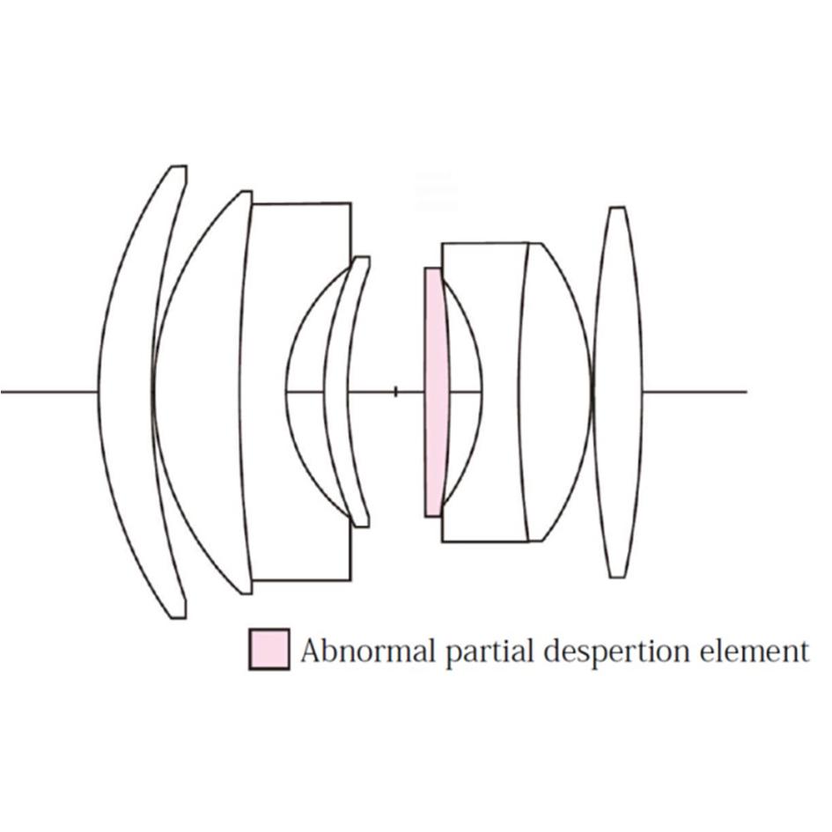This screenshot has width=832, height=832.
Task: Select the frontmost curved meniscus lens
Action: (125, 392)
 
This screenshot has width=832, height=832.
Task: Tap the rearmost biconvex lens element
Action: (617, 392)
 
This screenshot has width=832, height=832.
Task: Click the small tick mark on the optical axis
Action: (395, 392)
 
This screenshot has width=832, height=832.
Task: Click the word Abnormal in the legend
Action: (368, 651)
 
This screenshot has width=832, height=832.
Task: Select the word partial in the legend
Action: (488, 652)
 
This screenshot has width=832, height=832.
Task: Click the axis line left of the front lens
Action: (48, 392)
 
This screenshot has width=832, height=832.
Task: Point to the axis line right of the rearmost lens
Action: (696, 392)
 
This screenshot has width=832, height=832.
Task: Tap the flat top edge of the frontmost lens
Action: (179, 166)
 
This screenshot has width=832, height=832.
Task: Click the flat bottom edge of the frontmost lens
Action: (178, 618)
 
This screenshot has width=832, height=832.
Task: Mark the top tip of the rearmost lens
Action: (617, 208)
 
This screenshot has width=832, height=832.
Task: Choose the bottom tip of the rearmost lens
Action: (617, 577)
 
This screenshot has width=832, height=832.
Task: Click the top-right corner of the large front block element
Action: (350, 203)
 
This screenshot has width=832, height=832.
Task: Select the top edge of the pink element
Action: (433, 269)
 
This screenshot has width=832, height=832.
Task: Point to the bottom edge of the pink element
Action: (433, 516)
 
